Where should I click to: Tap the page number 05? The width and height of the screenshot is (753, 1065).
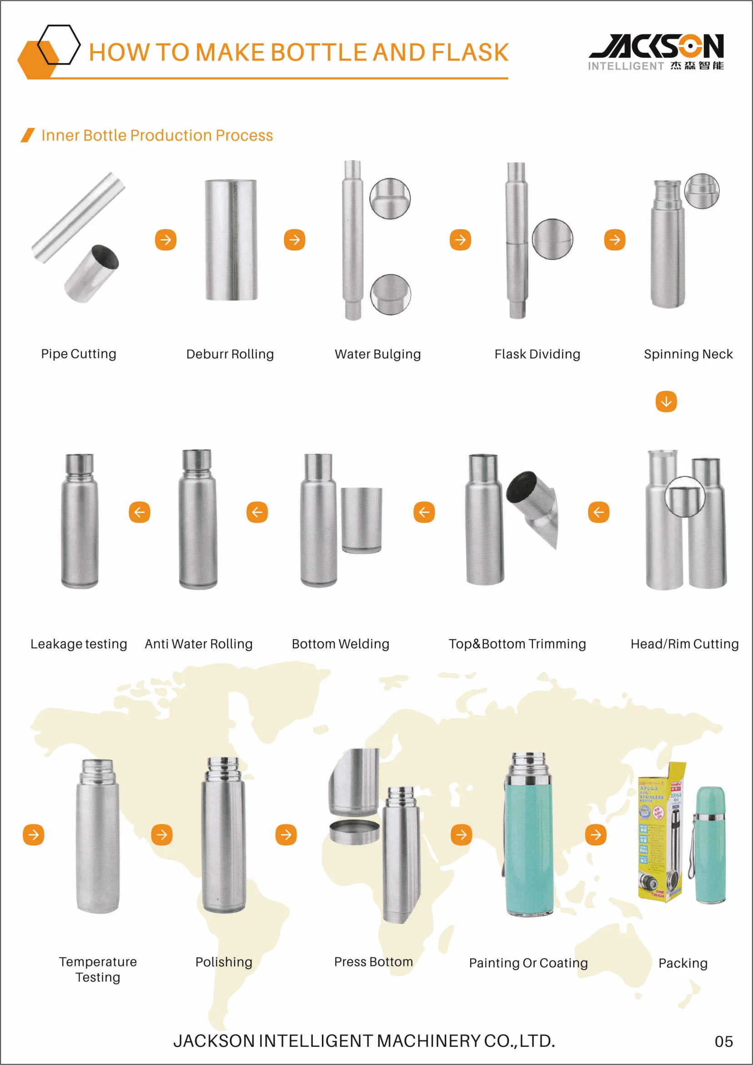(x=723, y=1041)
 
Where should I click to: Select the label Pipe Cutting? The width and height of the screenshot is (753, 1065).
(x=78, y=354)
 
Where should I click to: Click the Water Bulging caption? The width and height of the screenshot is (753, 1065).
(x=378, y=354)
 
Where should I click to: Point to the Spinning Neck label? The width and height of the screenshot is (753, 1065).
(x=688, y=354)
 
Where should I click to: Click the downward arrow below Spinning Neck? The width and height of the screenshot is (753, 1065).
(x=666, y=401)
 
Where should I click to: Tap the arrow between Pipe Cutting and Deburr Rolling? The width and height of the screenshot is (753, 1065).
(x=166, y=240)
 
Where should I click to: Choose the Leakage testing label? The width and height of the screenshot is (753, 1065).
(x=78, y=644)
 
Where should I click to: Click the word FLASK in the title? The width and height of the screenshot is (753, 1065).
(x=470, y=52)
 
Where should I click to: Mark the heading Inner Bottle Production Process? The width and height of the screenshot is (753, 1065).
(x=157, y=136)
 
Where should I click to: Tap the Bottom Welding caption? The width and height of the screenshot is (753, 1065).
(x=341, y=644)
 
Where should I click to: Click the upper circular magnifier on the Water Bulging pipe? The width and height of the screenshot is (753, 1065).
(x=390, y=198)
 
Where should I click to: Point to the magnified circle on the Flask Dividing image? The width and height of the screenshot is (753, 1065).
(x=552, y=239)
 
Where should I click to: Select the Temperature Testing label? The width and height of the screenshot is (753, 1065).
(x=98, y=969)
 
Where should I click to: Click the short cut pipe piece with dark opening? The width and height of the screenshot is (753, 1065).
(x=91, y=274)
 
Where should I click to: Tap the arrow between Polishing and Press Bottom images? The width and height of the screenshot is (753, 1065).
(x=286, y=834)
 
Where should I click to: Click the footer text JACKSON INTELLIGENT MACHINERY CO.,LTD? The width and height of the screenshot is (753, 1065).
(x=364, y=1041)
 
